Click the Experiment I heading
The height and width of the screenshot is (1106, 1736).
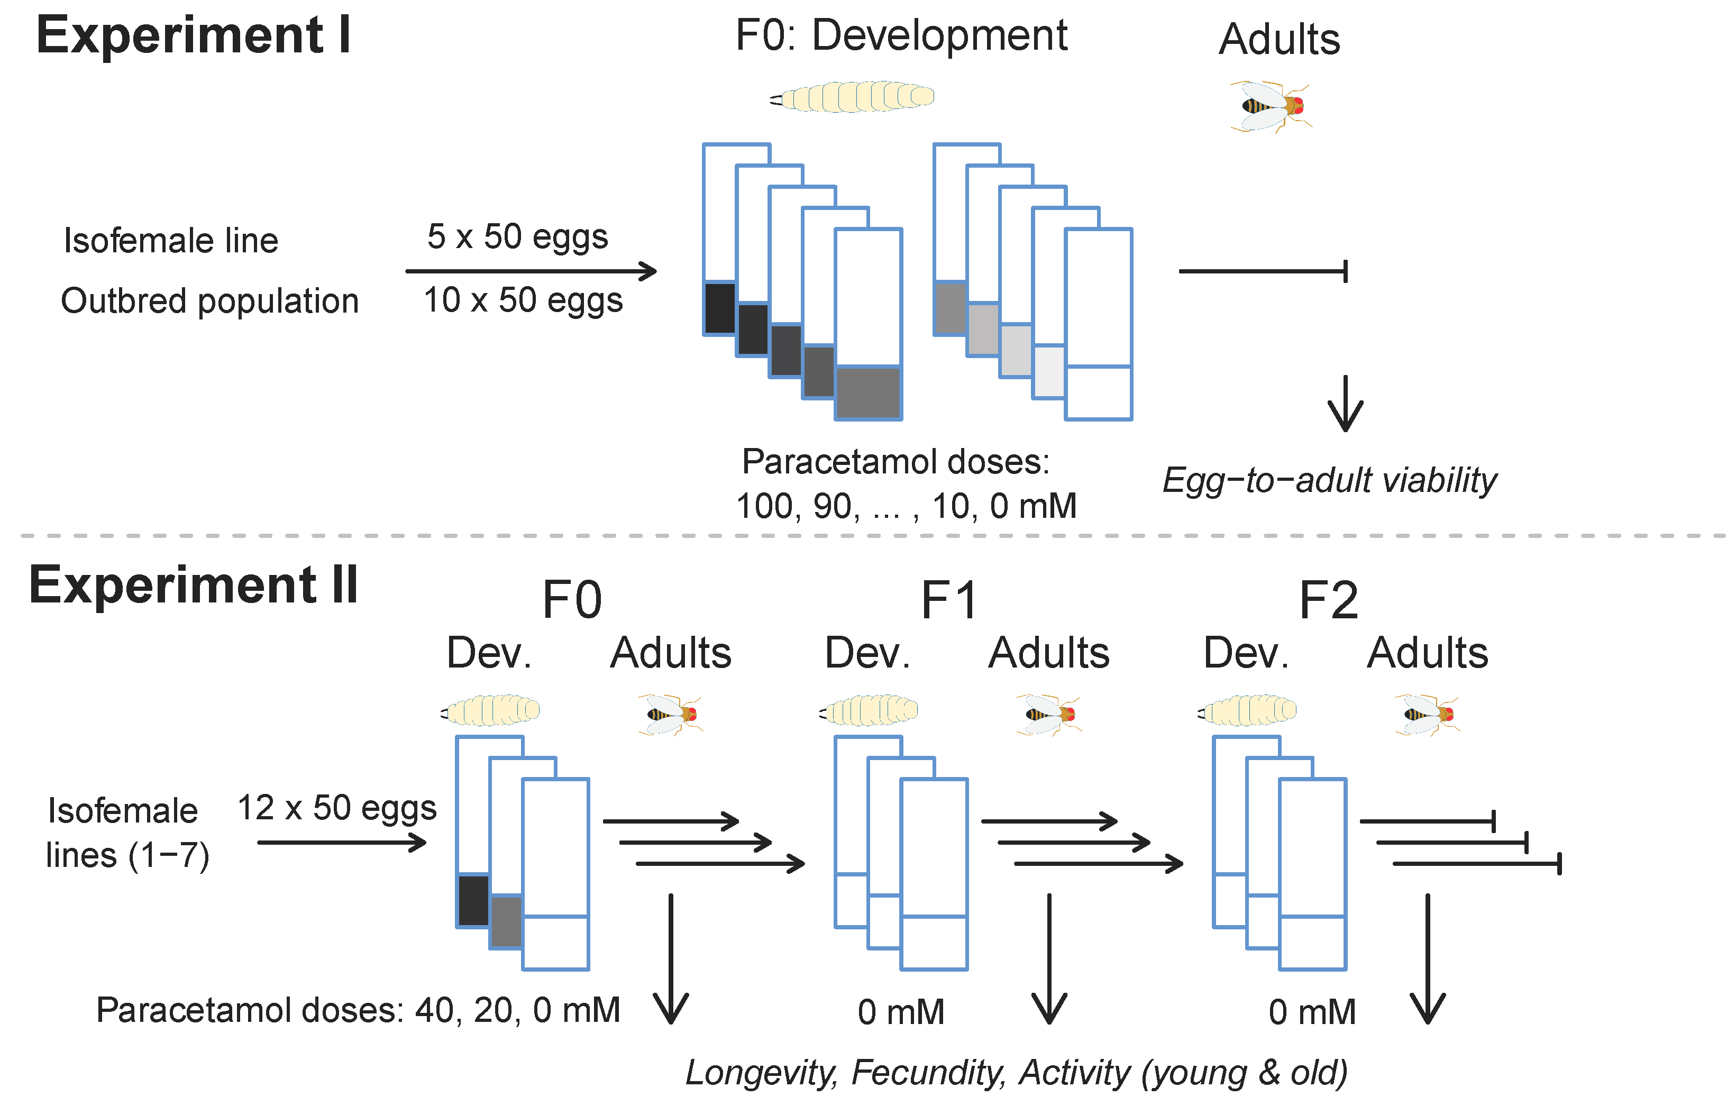(193, 35)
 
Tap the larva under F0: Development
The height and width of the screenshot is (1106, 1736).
(853, 97)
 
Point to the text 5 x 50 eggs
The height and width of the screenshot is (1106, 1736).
(518, 236)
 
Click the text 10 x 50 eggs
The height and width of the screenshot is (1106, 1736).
(523, 300)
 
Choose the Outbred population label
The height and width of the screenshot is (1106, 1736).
(210, 300)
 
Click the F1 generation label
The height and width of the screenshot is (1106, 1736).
(949, 600)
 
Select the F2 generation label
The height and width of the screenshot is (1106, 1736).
(1328, 600)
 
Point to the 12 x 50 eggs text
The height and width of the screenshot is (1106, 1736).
(337, 808)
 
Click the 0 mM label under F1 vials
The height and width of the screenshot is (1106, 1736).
(900, 1012)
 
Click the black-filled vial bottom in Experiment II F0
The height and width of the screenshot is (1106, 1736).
(473, 900)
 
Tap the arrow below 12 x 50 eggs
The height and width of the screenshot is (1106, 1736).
(342, 842)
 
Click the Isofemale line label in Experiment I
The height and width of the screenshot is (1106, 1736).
(171, 241)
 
